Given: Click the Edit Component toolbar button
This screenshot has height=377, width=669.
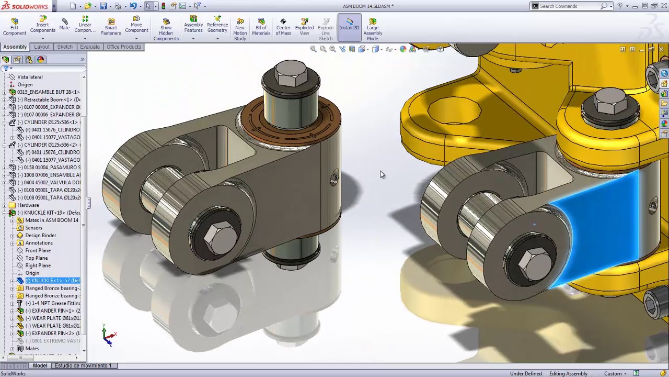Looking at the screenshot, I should tap(14, 27).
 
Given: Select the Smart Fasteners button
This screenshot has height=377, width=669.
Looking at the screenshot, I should tap(111, 27).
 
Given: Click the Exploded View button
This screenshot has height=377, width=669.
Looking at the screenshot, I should tap(304, 27).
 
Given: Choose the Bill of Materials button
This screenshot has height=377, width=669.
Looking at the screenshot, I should tap(261, 27).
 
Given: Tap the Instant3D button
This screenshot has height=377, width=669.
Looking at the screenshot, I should tap(349, 24).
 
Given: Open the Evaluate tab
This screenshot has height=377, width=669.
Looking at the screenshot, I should tap(89, 47).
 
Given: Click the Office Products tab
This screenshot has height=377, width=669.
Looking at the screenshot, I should tap(123, 47).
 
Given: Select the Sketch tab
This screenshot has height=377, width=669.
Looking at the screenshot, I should tap(65, 47).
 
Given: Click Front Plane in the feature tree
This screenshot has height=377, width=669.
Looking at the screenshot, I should tap(38, 250).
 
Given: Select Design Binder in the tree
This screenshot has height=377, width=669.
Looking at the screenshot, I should tap(40, 235).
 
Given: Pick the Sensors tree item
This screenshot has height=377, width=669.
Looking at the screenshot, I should tap(33, 228).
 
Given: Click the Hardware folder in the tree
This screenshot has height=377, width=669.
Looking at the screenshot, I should tap(28, 205).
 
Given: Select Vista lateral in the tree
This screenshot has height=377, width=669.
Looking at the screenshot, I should tap(30, 77).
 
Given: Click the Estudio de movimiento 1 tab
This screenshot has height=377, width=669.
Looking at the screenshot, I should tap(83, 365).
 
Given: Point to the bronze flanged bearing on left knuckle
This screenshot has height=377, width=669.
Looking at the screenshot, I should tap(290, 123).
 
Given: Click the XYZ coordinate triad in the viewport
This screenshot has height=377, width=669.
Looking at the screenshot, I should tap(108, 336).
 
